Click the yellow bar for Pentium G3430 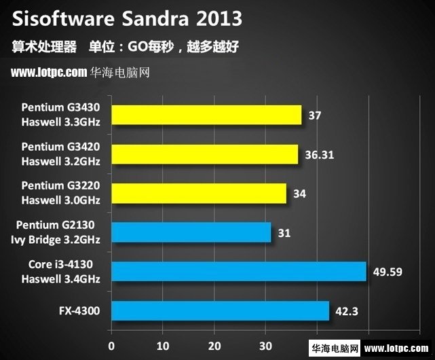coord(206,115)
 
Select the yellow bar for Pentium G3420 coord(204,154)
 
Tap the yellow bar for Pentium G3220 coord(199,194)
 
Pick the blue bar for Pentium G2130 coord(191,232)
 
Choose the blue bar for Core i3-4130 coord(239,272)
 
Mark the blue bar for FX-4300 coord(220,311)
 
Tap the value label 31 coord(284,233)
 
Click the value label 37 coord(314,115)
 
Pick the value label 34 coord(299,194)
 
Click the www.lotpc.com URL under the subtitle coord(50,72)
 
